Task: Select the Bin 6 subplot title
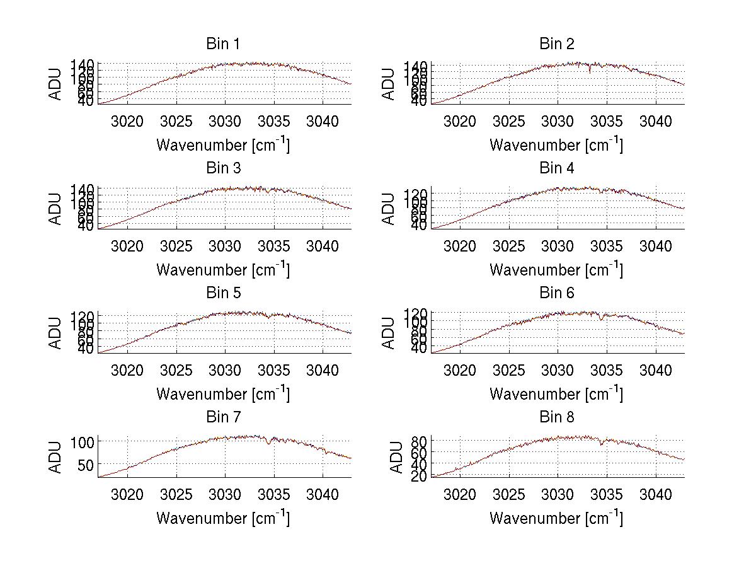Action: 556,293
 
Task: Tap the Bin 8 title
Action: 556,417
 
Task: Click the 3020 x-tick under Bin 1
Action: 127,121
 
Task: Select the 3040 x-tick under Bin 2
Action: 656,121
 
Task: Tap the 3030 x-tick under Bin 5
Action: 225,370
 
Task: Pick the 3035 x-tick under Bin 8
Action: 607,494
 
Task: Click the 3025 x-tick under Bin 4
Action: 509,246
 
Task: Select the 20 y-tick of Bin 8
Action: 420,476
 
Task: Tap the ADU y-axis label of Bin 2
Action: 389,84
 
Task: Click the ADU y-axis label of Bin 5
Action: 55,333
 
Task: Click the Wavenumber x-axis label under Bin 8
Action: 556,518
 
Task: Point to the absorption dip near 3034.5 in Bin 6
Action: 602,319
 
